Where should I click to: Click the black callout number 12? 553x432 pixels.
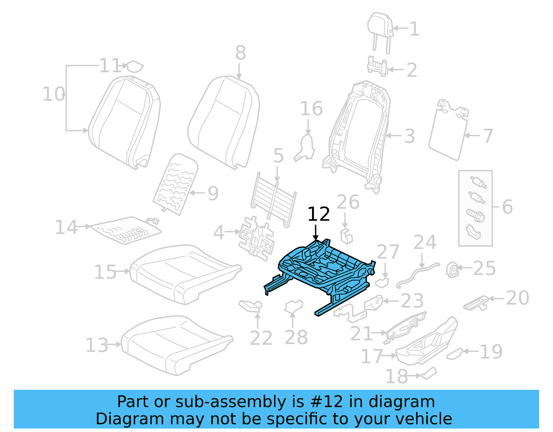pyautogui.click(x=318, y=214)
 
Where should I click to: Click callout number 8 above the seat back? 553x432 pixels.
pyautogui.click(x=241, y=53)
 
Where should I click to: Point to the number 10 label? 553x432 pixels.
pyautogui.click(x=54, y=94)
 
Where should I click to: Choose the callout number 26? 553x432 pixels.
pyautogui.click(x=348, y=202)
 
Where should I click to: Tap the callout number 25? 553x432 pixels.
pyautogui.click(x=484, y=268)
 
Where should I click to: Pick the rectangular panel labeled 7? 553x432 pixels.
pyautogui.click(x=448, y=133)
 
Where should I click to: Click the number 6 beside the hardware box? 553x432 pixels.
pyautogui.click(x=507, y=207)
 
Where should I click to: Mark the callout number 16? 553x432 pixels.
pyautogui.click(x=311, y=109)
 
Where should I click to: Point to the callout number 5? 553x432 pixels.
pyautogui.click(x=279, y=156)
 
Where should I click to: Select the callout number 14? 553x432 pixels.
pyautogui.click(x=66, y=228)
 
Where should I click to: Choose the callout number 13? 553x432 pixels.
pyautogui.click(x=97, y=345)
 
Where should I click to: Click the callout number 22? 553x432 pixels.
pyautogui.click(x=261, y=338)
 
